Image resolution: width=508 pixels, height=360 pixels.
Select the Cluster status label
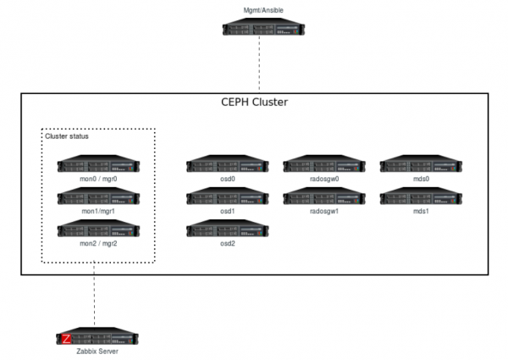67,136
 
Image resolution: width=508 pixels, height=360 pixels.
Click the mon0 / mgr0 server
98,165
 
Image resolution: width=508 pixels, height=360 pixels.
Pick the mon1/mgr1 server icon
98,197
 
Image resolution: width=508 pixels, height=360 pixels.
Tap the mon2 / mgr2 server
98,228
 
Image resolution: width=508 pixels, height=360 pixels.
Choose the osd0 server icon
227,165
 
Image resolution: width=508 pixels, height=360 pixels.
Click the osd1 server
227,197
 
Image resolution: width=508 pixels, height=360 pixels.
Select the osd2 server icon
227,228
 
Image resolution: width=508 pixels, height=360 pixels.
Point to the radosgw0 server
323,165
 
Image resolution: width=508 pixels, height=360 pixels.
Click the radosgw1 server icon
323,197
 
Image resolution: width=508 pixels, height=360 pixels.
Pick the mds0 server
421,165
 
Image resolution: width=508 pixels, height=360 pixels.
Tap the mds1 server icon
421,197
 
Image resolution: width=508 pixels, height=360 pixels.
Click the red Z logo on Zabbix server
66,339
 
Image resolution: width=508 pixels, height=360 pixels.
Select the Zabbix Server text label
94,352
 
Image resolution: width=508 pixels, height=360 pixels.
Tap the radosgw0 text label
323,180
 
